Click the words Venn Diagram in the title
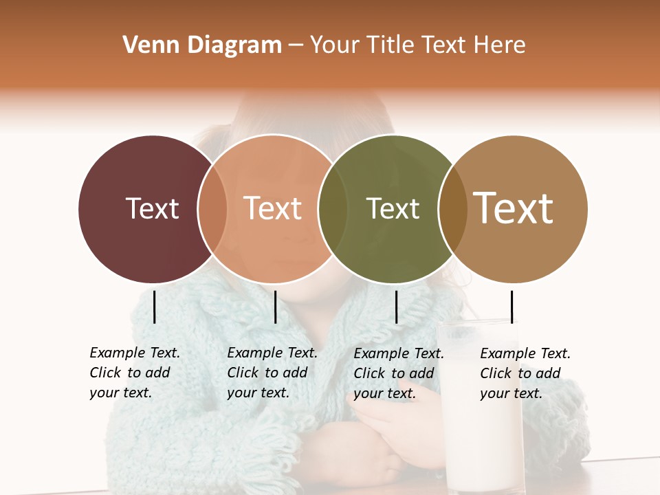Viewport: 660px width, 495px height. [202, 45]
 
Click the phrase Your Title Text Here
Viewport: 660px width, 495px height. [417, 45]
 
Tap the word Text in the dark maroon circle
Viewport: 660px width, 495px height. [152, 208]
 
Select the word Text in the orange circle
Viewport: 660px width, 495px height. [272, 208]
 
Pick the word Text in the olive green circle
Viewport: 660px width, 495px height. [393, 208]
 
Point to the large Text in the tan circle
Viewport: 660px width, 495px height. [513, 208]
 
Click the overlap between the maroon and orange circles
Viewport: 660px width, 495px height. [212, 209]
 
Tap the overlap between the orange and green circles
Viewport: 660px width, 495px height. [333, 209]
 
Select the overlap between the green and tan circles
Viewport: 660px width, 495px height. [452, 209]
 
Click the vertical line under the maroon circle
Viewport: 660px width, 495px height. [155, 307]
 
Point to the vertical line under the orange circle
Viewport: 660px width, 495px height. [275, 307]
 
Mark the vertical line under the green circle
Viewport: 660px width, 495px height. [396, 307]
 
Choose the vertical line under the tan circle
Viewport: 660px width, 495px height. [511, 307]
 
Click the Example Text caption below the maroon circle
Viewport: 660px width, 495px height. [135, 373]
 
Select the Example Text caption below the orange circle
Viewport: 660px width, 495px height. [272, 373]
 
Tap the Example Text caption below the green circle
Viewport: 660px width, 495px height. [399, 373]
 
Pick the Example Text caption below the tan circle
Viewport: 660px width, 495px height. [525, 373]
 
